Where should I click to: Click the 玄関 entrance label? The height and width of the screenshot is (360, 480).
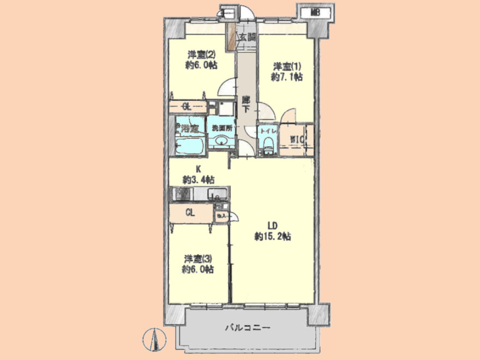[247, 38]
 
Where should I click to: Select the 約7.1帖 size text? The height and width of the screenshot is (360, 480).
[287, 77]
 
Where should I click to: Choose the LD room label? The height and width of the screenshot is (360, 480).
[273, 225]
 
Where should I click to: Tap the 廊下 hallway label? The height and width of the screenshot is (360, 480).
[246, 104]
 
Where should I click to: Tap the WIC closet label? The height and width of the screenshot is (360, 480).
[297, 139]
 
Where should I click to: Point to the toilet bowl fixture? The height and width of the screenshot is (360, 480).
[268, 145]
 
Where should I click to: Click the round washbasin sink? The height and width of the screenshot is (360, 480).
[221, 142]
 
